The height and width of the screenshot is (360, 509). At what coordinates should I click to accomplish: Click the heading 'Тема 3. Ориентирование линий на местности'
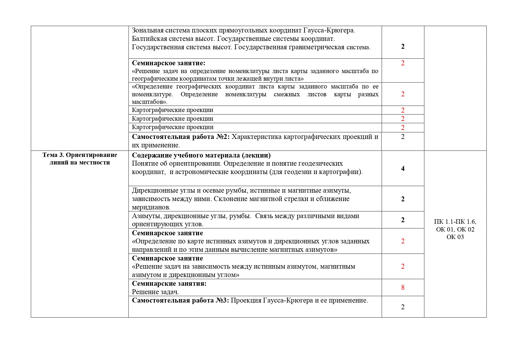(x=80, y=158)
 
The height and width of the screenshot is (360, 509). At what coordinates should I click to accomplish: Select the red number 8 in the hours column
(x=403, y=287)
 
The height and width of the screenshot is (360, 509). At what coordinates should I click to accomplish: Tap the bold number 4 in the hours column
(x=403, y=169)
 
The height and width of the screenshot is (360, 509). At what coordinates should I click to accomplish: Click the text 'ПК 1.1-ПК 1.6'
(x=455, y=222)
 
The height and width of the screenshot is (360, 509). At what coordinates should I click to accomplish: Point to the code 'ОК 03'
(x=455, y=237)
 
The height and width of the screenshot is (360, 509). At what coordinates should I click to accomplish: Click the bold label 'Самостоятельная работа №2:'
(x=181, y=137)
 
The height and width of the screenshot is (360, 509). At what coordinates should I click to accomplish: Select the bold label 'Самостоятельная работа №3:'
(x=180, y=301)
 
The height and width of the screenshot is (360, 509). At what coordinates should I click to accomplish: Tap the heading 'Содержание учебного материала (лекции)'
(x=201, y=155)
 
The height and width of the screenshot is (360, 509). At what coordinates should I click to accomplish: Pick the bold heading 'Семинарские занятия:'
(x=169, y=283)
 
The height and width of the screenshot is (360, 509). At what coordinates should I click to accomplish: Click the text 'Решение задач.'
(x=155, y=292)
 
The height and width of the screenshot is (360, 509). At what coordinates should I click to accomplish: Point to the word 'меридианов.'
(x=151, y=207)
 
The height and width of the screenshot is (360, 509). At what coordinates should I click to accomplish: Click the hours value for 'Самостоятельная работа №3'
(x=403, y=307)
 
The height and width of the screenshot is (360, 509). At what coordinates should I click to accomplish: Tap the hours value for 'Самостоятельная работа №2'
(x=403, y=137)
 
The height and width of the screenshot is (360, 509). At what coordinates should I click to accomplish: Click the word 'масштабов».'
(x=150, y=102)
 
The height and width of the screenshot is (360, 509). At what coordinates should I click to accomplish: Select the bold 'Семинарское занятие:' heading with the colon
(x=169, y=63)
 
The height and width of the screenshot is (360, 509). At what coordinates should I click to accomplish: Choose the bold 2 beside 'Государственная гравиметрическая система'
(x=403, y=46)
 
